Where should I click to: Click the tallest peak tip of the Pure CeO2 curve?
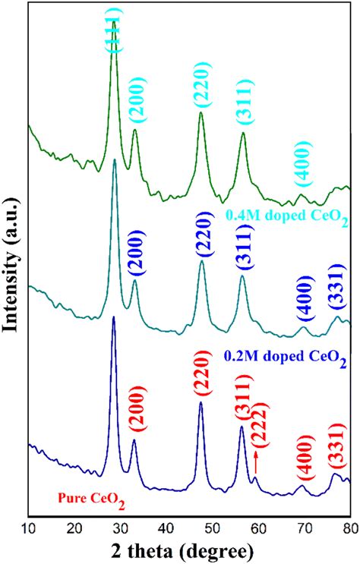[114, 317]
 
